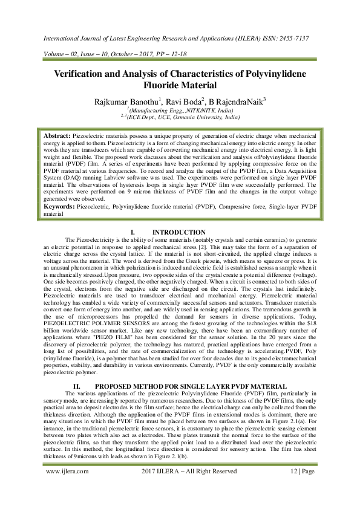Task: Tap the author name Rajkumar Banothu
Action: coord(130,101)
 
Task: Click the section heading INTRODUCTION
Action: coord(179,233)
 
